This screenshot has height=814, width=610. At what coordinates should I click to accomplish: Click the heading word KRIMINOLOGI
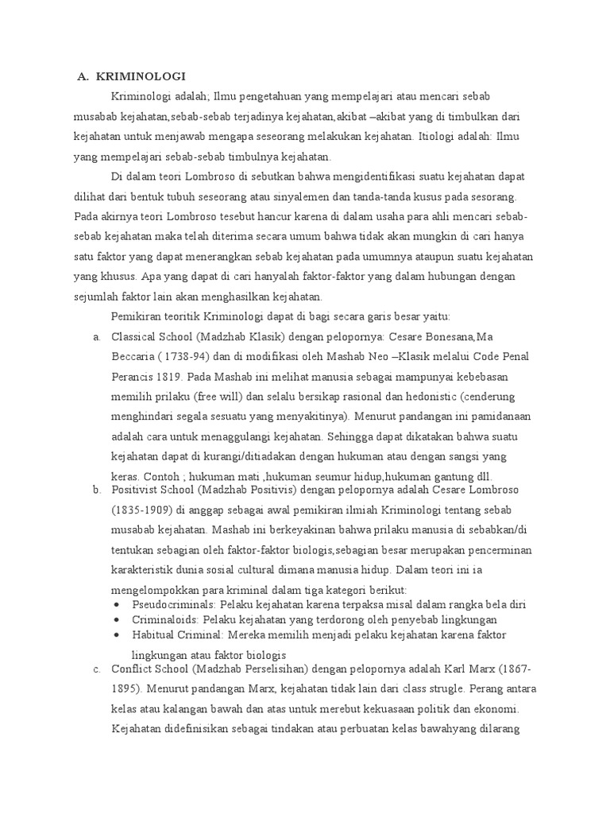[x=141, y=77]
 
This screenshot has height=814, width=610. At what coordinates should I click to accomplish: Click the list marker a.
[x=96, y=336]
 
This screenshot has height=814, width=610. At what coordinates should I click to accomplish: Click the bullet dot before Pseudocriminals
[x=117, y=605]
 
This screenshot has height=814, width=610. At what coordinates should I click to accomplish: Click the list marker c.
[x=96, y=669]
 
